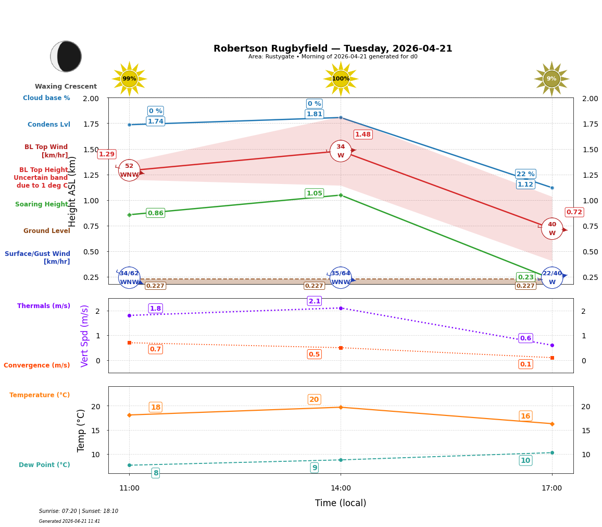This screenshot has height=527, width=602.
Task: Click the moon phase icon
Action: tap(66, 56)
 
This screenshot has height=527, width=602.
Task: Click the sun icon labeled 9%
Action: tap(551, 79)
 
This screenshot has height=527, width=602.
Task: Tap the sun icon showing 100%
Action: tap(341, 79)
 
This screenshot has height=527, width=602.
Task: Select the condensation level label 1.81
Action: tap(314, 114)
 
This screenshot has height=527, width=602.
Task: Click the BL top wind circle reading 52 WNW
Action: tap(129, 170)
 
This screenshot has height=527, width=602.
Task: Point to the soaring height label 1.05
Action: tap(314, 193)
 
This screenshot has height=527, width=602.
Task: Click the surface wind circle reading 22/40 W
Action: tap(552, 278)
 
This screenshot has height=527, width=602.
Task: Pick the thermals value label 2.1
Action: tap(314, 301)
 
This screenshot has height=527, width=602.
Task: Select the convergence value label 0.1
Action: tap(525, 364)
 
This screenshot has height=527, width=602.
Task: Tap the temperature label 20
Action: tap(314, 399)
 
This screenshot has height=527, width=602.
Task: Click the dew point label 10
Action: tap(525, 460)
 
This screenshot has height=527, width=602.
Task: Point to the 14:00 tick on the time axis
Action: tap(341, 488)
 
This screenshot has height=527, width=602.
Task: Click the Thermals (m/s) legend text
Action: tap(44, 306)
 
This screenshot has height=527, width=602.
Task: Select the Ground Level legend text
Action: tap(47, 231)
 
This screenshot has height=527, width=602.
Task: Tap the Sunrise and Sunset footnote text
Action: tap(79, 511)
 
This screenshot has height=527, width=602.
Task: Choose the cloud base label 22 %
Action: tap(525, 174)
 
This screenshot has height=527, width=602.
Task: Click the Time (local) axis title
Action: tap(341, 503)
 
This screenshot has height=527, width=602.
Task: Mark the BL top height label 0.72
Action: tap(574, 212)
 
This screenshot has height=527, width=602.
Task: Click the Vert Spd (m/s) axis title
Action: tap(85, 336)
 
